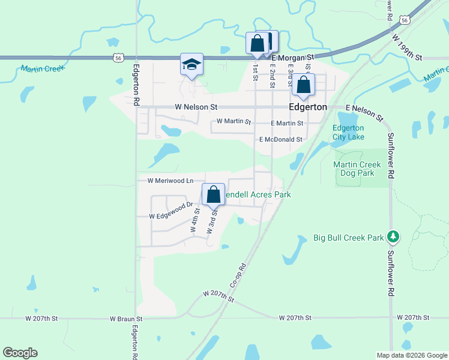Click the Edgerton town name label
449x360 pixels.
point(308,107)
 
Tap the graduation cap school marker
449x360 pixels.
point(191,65)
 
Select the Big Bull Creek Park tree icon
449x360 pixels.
point(393,237)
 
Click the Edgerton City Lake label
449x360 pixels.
point(348,132)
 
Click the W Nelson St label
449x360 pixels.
point(196,107)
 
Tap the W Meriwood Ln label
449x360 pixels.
point(170,181)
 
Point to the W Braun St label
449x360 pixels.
point(125,319)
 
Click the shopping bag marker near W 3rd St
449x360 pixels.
point(213,194)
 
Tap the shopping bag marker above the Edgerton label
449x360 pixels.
point(304,85)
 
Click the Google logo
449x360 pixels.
point(20,353)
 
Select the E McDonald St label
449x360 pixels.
point(280,139)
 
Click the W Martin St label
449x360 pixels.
point(234,121)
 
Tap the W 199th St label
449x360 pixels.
point(408,47)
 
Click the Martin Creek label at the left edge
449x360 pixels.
point(42,68)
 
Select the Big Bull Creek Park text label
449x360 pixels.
point(348,238)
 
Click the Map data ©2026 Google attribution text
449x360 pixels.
point(412,355)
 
